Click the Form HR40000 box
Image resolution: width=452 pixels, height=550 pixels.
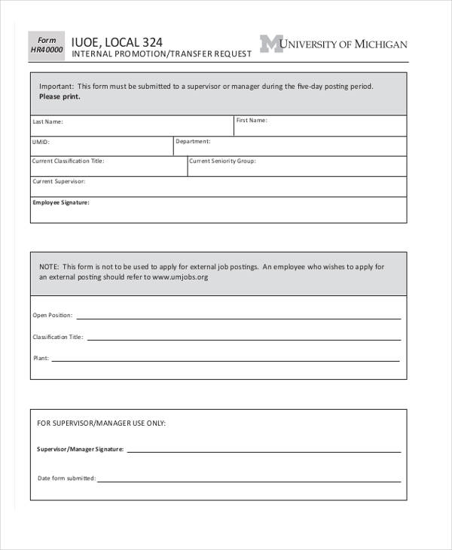[x=47, y=45]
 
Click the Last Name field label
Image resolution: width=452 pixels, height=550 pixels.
[x=47, y=121]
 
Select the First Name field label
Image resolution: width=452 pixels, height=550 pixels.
[x=251, y=120]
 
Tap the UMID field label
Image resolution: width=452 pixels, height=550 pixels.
[x=41, y=141]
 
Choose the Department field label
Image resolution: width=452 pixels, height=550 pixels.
[x=193, y=141]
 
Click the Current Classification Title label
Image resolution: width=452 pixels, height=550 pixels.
[x=68, y=160]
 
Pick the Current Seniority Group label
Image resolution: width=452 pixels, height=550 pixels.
[x=222, y=160]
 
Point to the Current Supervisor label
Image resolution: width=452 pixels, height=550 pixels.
[x=59, y=182]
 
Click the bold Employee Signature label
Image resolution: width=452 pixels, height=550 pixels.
[x=61, y=202]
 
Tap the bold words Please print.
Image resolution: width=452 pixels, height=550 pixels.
[x=60, y=97]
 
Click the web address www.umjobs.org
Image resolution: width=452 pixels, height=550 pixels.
[x=180, y=277]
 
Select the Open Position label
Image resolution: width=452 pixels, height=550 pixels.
[x=53, y=315]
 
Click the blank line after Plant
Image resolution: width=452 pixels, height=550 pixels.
[x=225, y=359]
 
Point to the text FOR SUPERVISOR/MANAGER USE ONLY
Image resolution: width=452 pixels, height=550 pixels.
[x=101, y=423]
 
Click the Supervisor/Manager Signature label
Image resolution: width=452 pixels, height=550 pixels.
[x=80, y=449]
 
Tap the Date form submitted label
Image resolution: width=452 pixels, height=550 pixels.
[x=66, y=478]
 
